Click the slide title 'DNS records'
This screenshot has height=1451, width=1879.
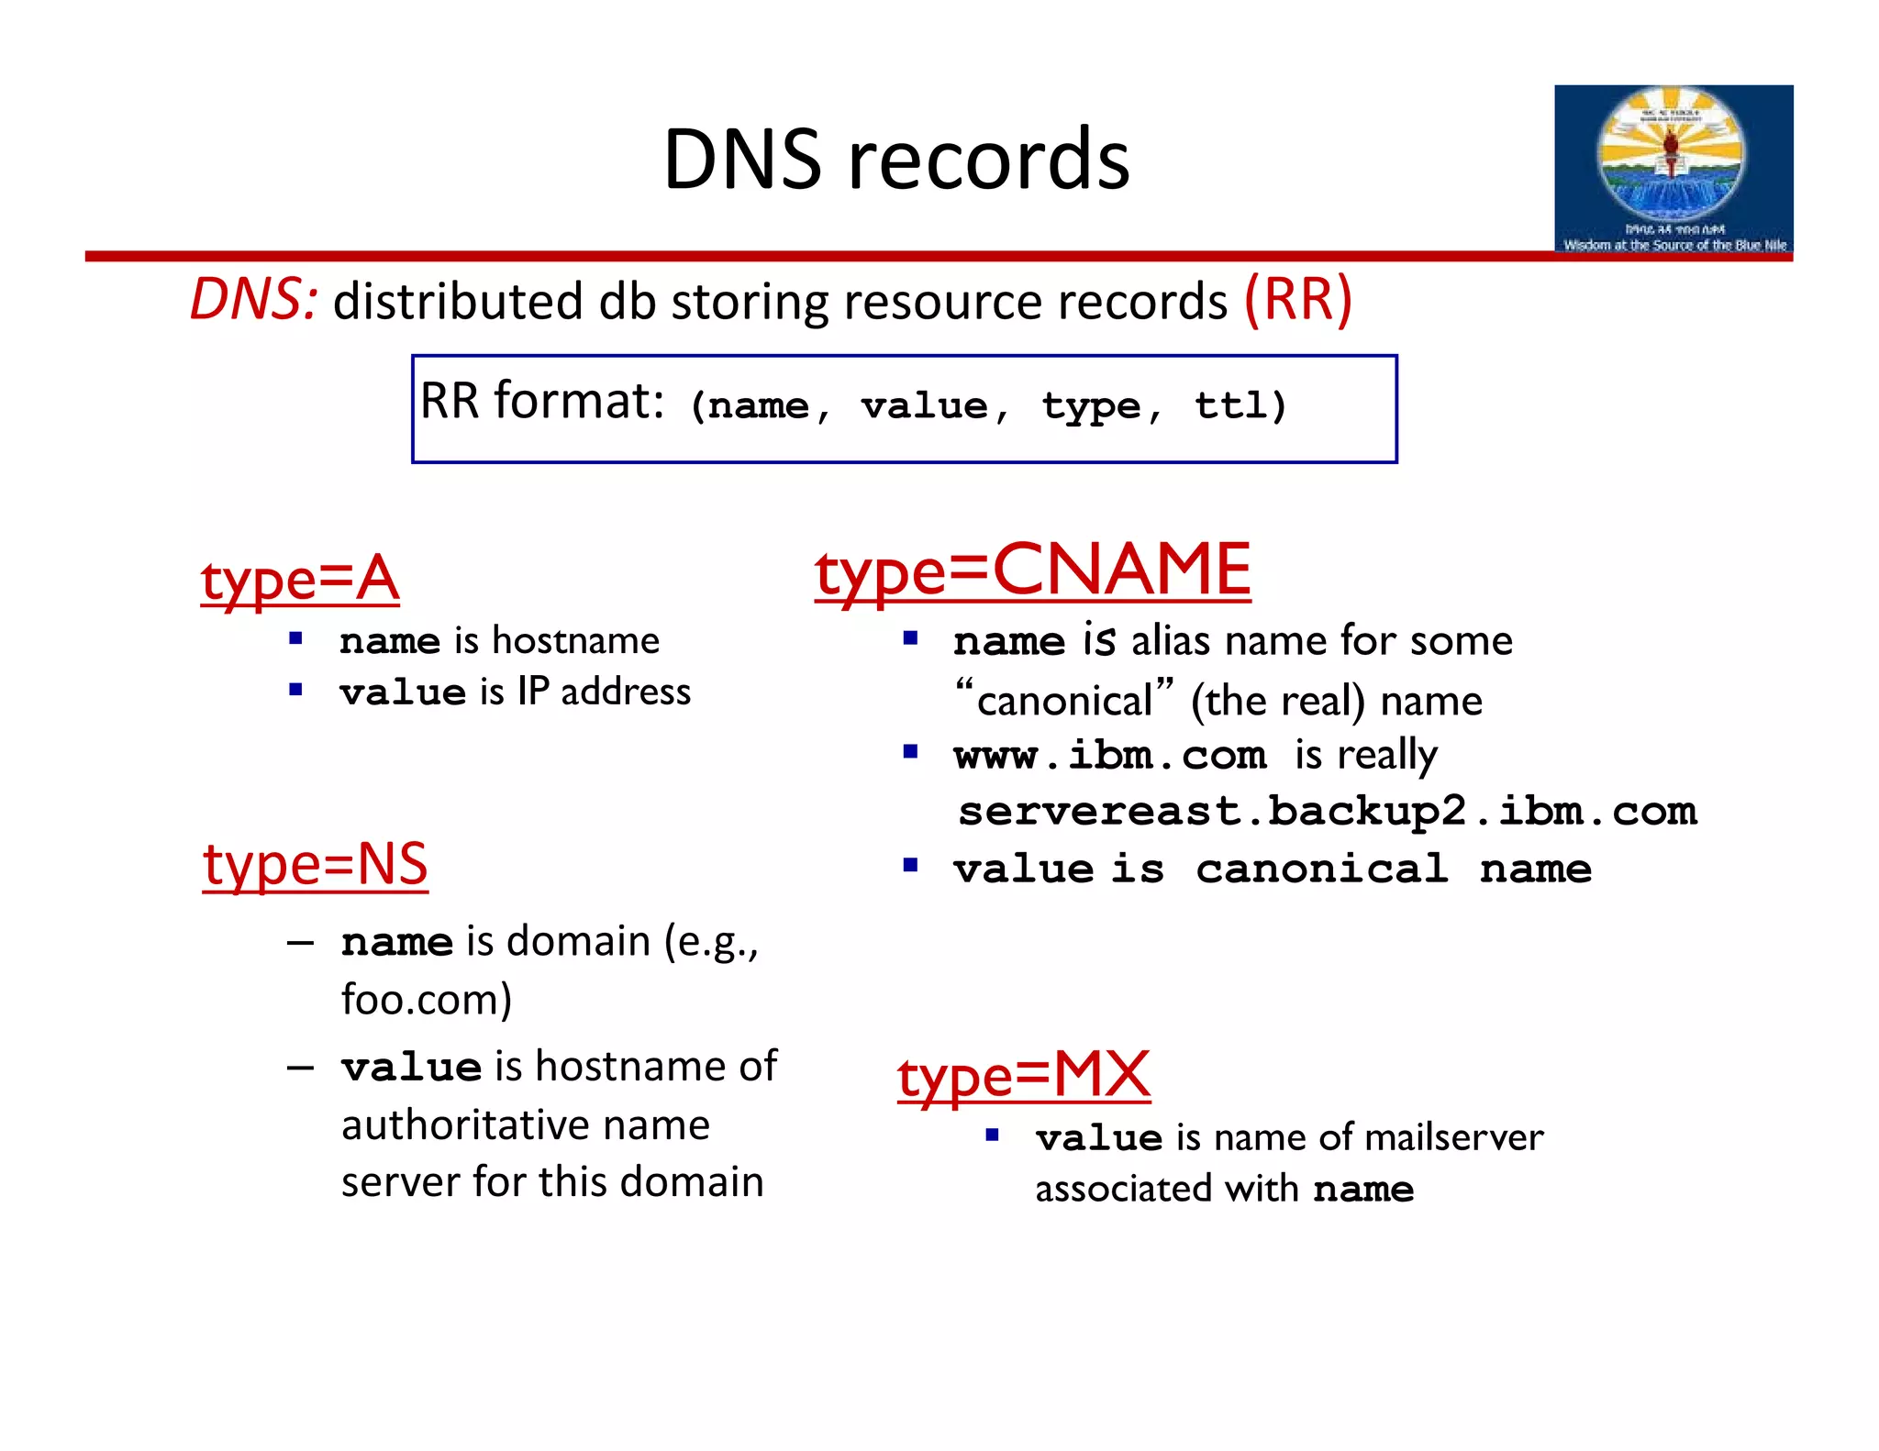click(895, 160)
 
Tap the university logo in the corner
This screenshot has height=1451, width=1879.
click(1673, 169)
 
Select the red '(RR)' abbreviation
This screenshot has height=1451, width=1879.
click(1297, 299)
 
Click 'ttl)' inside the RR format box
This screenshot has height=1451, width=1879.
click(1240, 405)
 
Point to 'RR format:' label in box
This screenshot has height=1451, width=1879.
click(541, 402)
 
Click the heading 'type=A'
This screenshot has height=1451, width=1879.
click(300, 580)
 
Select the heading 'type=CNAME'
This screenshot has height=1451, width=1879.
click(1032, 570)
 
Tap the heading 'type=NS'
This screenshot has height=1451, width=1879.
click(315, 864)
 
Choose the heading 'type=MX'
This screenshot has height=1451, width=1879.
click(1023, 1075)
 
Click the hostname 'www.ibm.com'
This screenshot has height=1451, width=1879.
click(1110, 756)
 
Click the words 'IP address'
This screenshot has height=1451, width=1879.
click(604, 692)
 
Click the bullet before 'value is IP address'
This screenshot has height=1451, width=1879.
click(295, 690)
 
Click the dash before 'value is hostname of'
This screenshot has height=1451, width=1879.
click(300, 1068)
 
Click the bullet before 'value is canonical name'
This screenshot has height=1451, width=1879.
click(910, 865)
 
